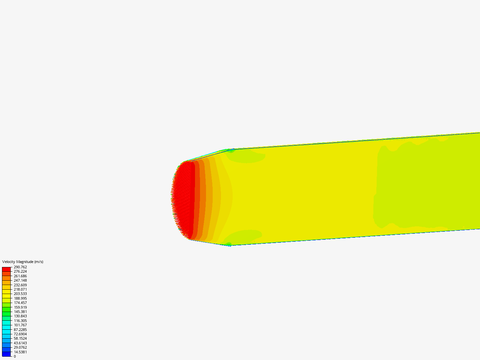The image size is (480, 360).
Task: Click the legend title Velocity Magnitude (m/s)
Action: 23,262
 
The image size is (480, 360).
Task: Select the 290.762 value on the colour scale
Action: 20,267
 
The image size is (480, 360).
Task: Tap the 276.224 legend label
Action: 20,271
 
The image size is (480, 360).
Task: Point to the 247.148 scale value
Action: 20,280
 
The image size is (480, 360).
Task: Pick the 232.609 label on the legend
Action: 20,285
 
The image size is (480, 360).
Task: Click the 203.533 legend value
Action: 20,294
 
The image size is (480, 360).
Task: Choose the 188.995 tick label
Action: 20,298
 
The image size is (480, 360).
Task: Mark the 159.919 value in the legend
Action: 20,307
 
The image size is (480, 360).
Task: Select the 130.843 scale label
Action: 20,316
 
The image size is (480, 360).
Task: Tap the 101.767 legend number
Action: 20,325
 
